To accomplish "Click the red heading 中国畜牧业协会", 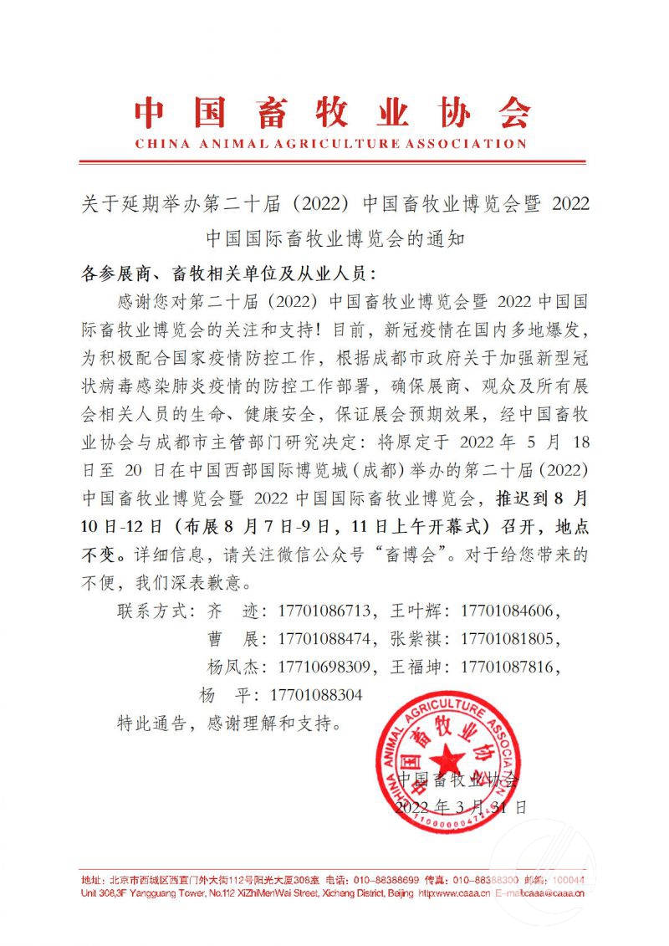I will (332, 111).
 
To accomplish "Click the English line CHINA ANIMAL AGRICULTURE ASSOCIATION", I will (332, 143).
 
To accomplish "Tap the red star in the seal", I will (449, 759).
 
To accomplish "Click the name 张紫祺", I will (415, 639).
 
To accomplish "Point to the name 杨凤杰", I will (231, 667).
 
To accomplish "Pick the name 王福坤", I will (415, 667).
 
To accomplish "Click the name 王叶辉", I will (415, 610).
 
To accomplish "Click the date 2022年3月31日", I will (461, 807).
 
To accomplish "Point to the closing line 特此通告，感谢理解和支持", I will (229, 724).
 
